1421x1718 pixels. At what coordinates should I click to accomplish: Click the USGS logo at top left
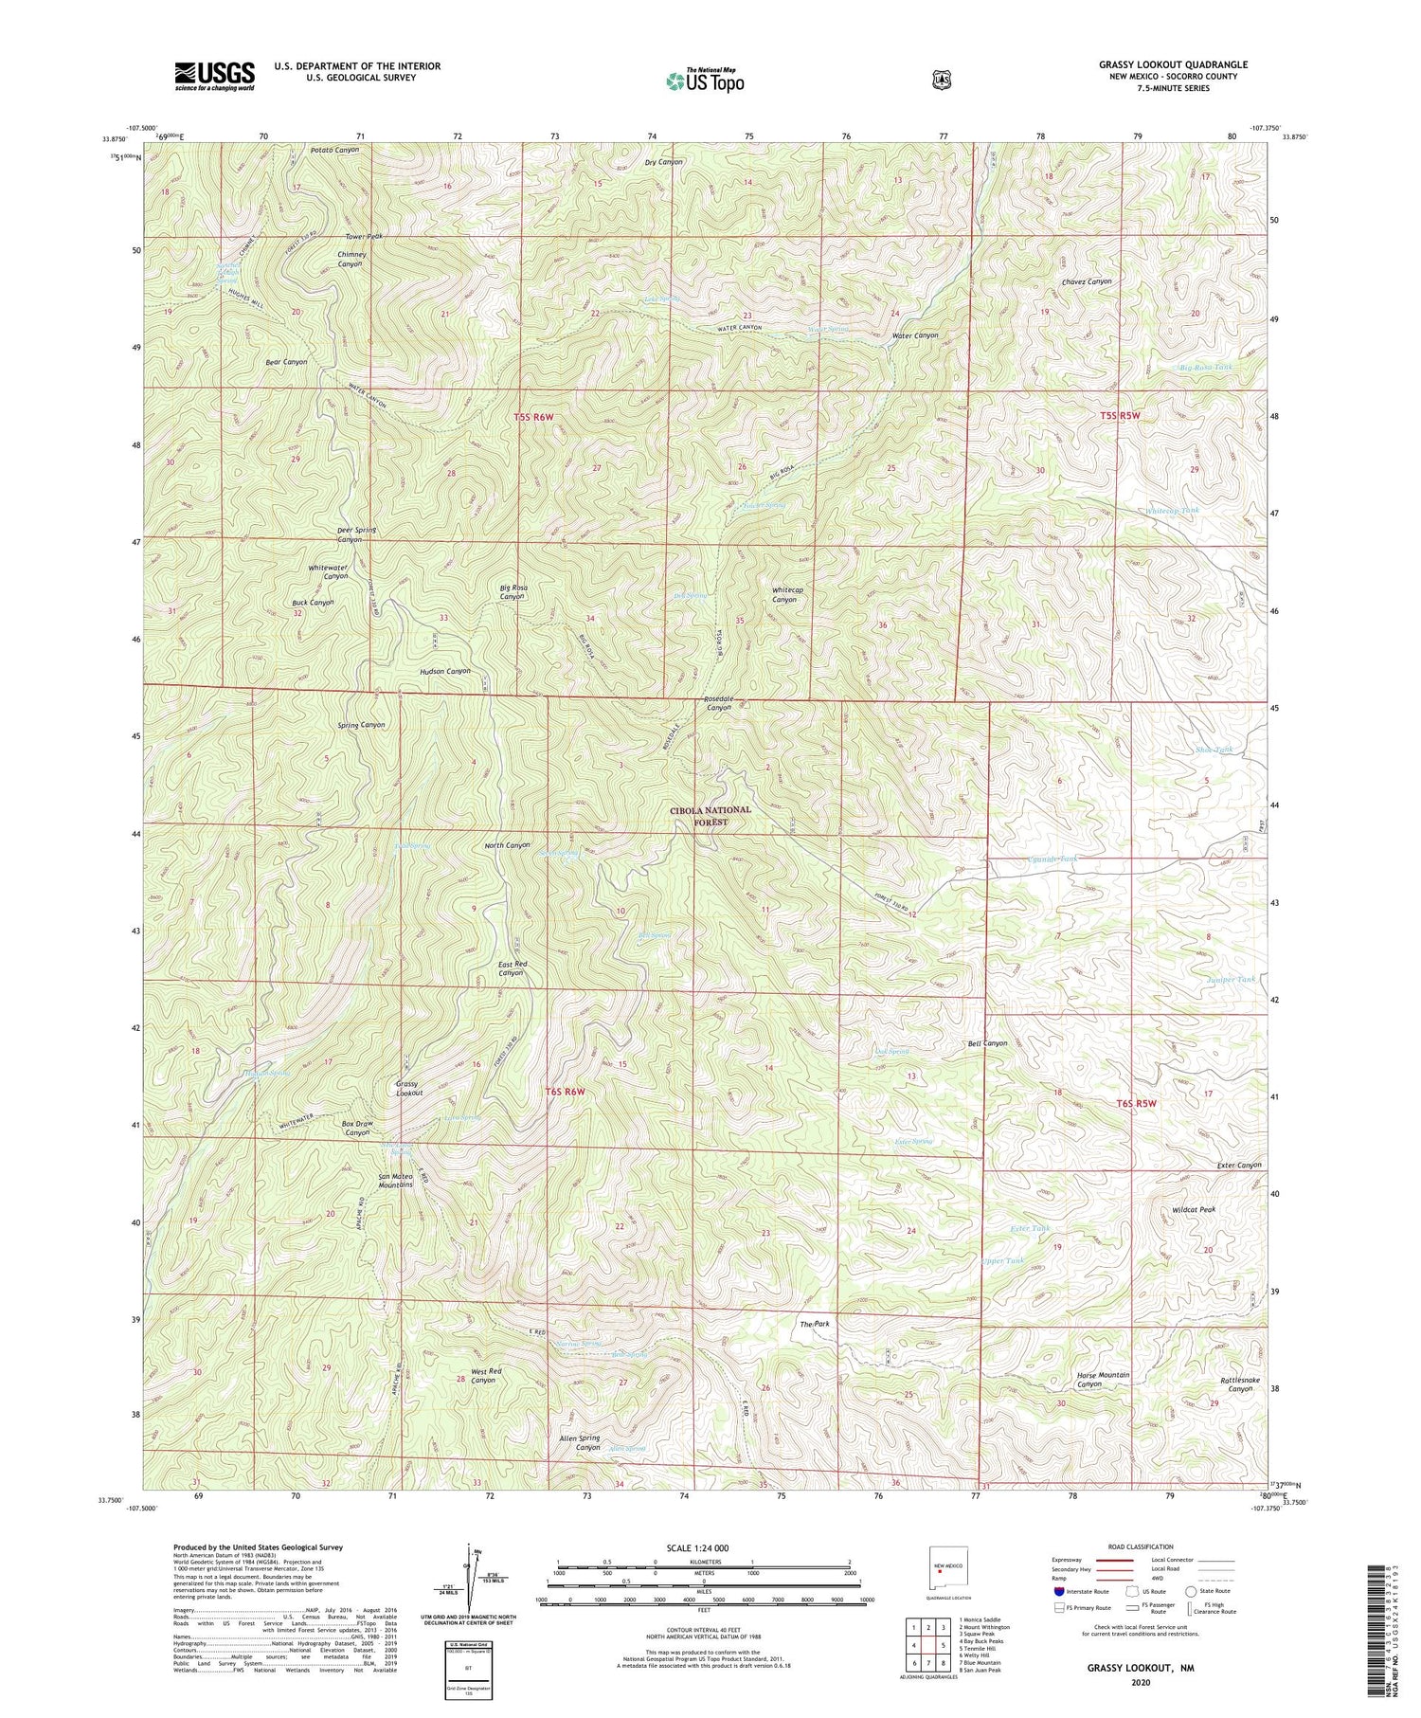(x=214, y=76)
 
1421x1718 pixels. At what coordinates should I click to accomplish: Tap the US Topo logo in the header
(x=705, y=81)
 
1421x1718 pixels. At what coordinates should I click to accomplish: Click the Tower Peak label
(x=364, y=236)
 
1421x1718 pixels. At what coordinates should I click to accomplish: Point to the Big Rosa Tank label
(x=1206, y=367)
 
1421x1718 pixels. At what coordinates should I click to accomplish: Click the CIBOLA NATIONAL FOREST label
(x=710, y=816)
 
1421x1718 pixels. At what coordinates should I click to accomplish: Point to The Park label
(x=814, y=1324)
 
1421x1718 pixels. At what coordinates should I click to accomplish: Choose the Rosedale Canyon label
(x=718, y=703)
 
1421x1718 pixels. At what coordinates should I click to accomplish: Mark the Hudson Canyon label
(x=444, y=671)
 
